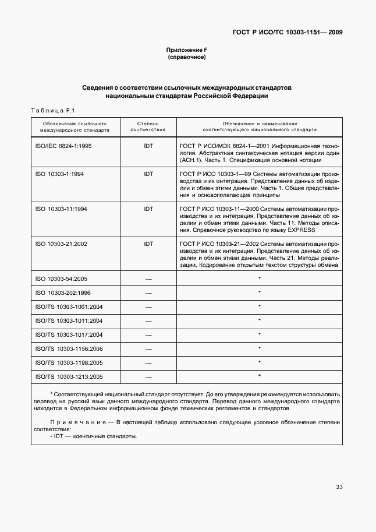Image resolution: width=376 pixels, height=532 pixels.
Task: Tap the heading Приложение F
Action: point(187,51)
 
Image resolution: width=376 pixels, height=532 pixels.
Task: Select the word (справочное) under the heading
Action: point(187,58)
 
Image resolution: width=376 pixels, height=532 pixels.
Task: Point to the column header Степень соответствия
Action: point(148,127)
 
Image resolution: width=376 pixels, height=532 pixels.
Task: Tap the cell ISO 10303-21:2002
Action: point(61,244)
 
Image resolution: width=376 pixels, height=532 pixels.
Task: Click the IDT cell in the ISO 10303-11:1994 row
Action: point(148,209)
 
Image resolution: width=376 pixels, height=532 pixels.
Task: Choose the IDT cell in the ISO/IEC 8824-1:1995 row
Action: point(148,146)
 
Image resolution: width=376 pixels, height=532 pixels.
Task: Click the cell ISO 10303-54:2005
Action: point(61,279)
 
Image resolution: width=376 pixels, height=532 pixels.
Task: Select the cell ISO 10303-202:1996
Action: point(63,293)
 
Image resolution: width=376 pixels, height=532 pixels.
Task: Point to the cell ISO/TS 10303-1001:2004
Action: point(69,306)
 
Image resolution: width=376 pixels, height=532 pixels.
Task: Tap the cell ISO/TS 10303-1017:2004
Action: point(69,334)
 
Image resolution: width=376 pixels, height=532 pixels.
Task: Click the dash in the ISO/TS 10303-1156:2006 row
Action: point(148,348)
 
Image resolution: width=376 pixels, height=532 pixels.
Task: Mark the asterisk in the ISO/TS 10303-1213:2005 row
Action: point(259,376)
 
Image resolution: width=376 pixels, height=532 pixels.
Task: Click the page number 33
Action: point(339,487)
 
